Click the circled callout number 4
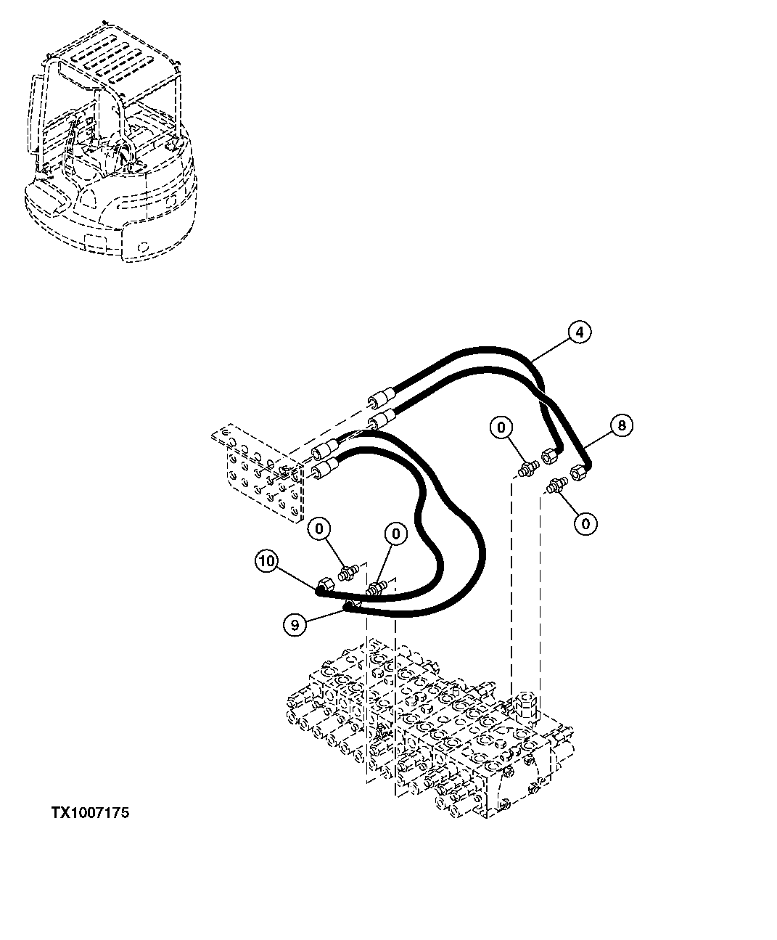point(579,332)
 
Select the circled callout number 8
point(622,425)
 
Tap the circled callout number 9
point(295,624)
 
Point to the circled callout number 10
point(266,560)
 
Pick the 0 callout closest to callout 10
point(320,528)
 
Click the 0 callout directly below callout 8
point(585,523)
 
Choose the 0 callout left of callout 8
point(501,428)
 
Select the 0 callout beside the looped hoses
point(395,535)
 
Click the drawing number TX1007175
point(90,813)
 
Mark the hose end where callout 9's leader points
point(349,605)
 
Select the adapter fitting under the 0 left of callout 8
point(528,467)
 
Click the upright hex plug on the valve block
point(525,704)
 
